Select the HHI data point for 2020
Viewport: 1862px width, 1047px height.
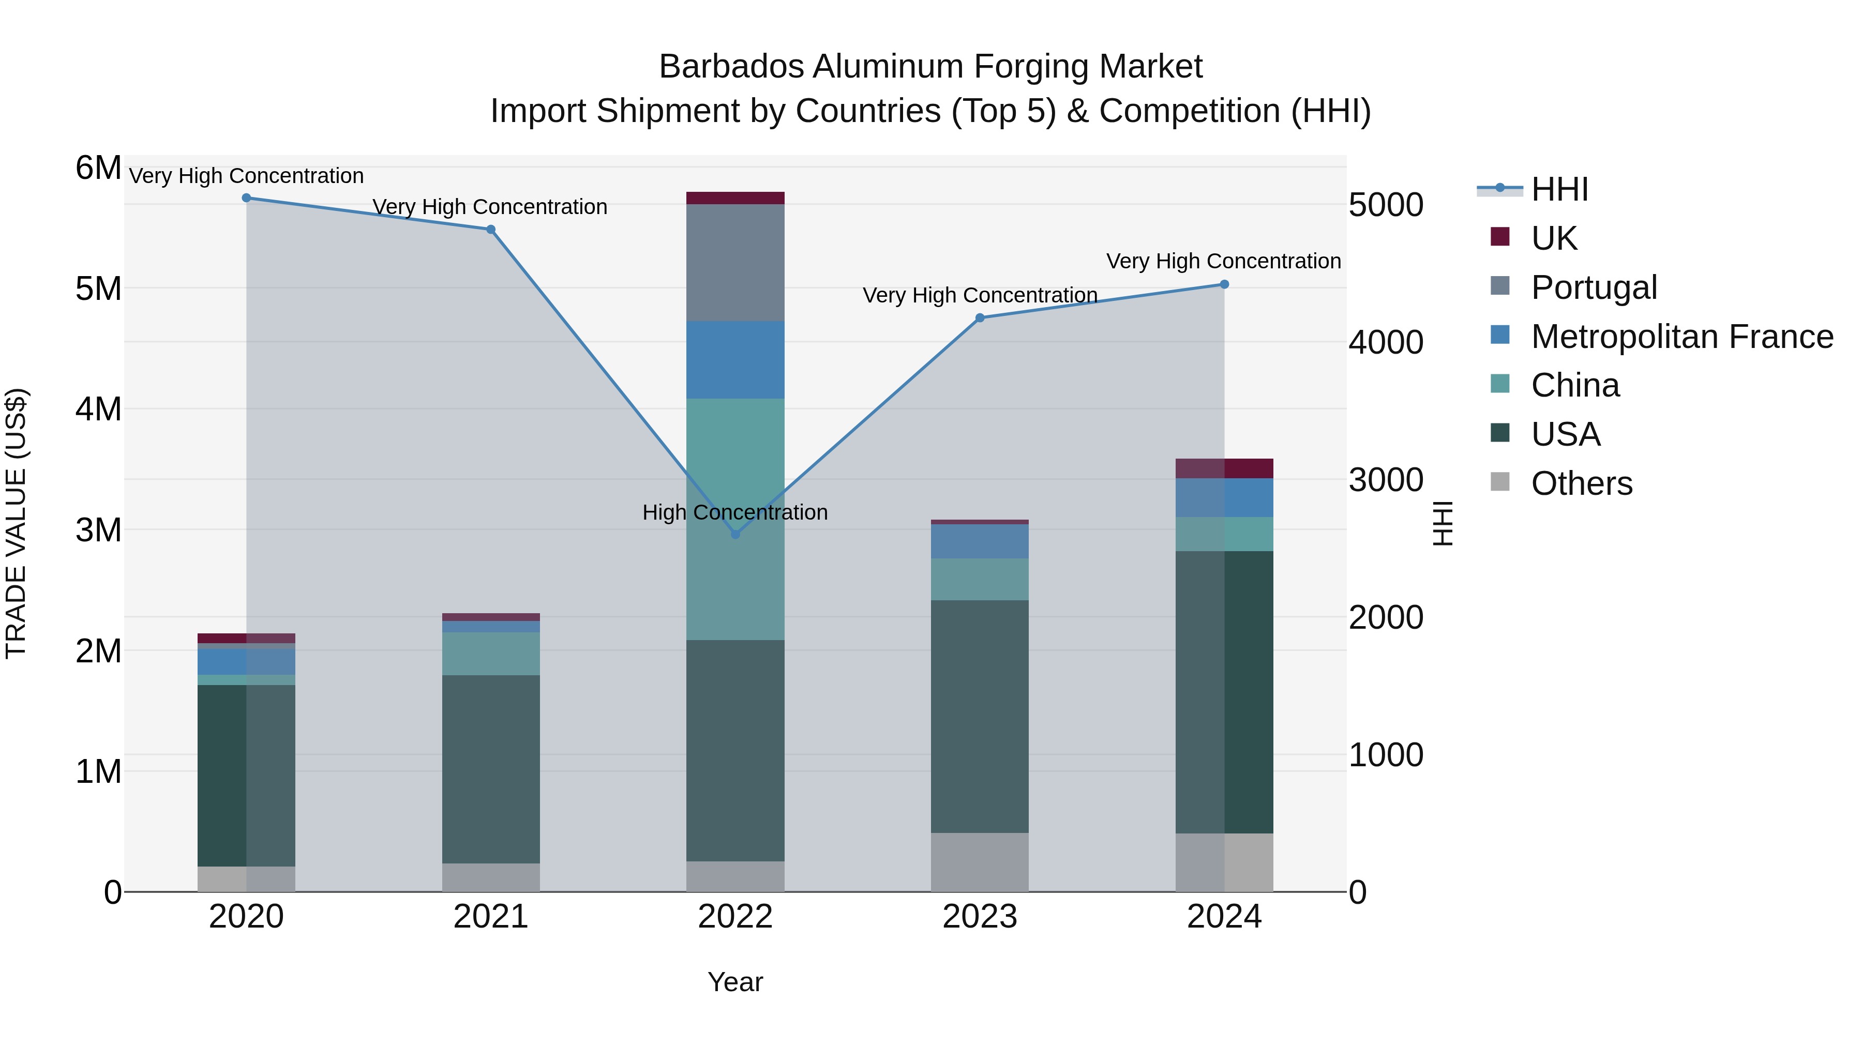247,198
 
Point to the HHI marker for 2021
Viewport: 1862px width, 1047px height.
491,230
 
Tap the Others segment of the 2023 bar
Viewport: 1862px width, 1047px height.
980,862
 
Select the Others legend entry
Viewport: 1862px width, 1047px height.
1582,483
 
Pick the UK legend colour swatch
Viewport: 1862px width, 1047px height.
1500,237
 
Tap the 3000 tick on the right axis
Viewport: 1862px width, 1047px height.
1386,480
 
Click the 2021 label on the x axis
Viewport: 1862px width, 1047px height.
491,917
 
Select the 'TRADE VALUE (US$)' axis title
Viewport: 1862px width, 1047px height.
16,523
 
